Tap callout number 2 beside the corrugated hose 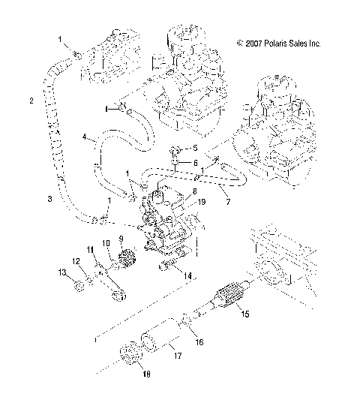click(x=31, y=101)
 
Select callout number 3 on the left click(x=49, y=199)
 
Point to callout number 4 click(x=85, y=137)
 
